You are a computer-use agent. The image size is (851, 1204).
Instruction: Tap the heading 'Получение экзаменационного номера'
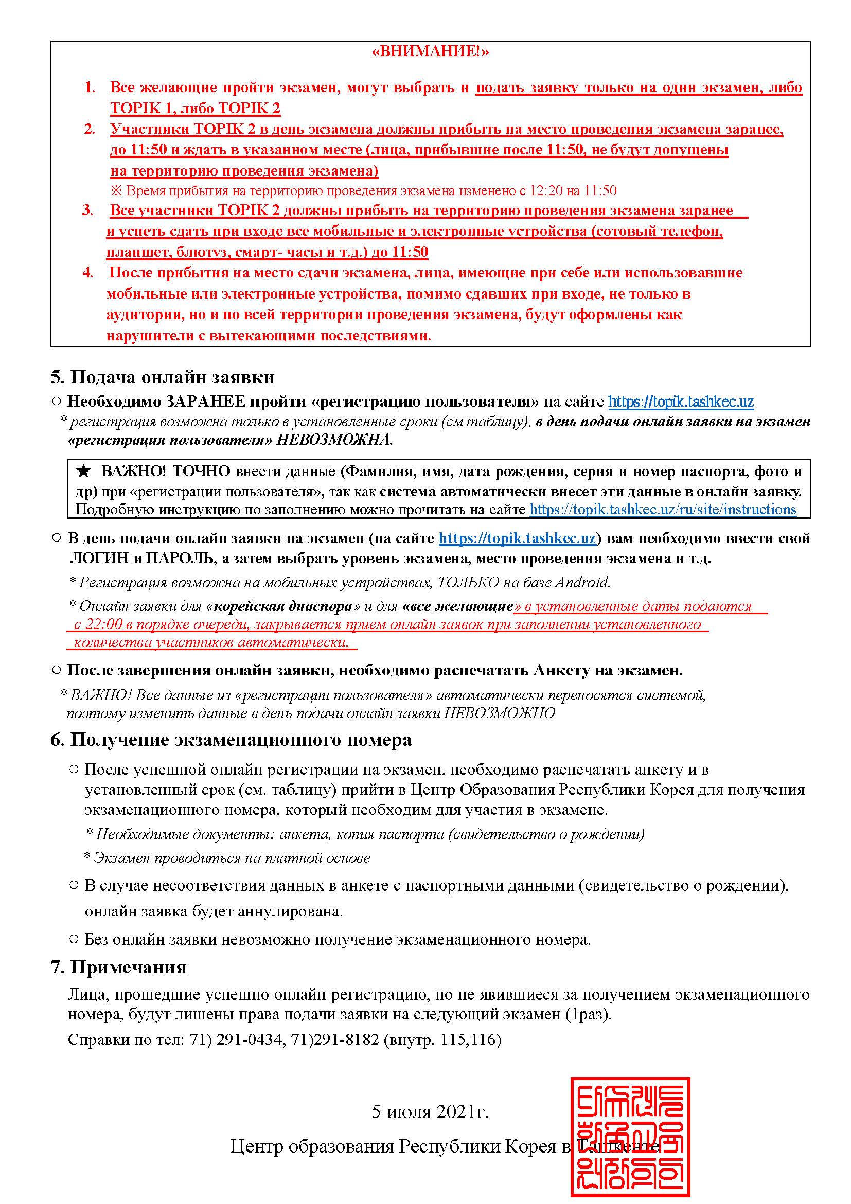coord(240,740)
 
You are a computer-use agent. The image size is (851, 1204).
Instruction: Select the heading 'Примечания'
coord(128,967)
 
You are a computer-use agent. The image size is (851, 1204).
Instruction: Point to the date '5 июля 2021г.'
coord(430,1112)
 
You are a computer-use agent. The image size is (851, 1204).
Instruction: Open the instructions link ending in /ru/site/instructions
coord(663,509)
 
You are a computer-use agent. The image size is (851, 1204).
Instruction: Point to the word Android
coord(582,582)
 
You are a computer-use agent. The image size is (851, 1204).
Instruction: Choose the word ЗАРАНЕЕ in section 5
coord(203,402)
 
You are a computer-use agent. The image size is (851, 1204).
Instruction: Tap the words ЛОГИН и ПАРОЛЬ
coord(142,559)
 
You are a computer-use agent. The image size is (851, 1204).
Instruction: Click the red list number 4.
coord(87,273)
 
